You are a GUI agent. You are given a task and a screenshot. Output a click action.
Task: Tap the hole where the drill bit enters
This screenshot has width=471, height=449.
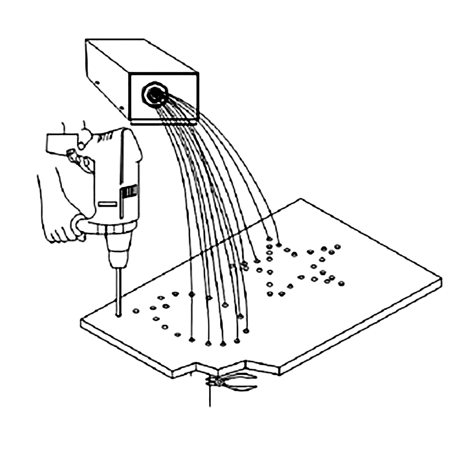click(x=118, y=315)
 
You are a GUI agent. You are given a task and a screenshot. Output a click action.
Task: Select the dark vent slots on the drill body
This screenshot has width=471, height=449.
click(x=129, y=194)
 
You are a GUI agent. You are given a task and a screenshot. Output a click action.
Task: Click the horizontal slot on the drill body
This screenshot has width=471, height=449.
click(x=107, y=204)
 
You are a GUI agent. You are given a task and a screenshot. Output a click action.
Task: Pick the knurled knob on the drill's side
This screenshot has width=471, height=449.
click(x=72, y=155)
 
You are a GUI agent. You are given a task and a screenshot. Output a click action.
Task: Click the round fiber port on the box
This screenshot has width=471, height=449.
click(x=154, y=95)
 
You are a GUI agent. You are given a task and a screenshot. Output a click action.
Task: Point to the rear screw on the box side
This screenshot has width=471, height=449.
click(x=97, y=82)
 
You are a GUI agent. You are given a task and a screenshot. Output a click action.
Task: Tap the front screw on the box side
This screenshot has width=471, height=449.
click(x=122, y=109)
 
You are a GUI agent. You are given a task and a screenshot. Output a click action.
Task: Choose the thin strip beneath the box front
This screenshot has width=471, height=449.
click(x=163, y=123)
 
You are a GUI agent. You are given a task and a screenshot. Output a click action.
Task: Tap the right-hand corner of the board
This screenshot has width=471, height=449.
click(x=440, y=279)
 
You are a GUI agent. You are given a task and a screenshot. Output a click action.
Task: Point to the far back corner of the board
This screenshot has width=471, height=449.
click(x=301, y=199)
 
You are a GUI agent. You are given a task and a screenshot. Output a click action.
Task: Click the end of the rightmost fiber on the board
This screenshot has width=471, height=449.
click(x=278, y=245)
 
